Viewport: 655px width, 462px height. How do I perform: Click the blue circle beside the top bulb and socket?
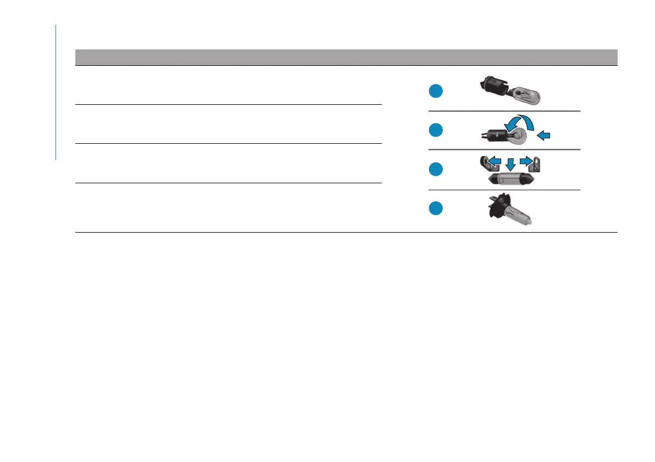click(x=436, y=92)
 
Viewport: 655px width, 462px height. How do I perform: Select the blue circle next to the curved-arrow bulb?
click(x=436, y=130)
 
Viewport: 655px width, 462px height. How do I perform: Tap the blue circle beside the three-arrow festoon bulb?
click(x=436, y=170)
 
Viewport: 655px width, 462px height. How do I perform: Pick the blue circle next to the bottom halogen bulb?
click(x=436, y=209)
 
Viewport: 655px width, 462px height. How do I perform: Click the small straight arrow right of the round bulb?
click(x=543, y=136)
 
